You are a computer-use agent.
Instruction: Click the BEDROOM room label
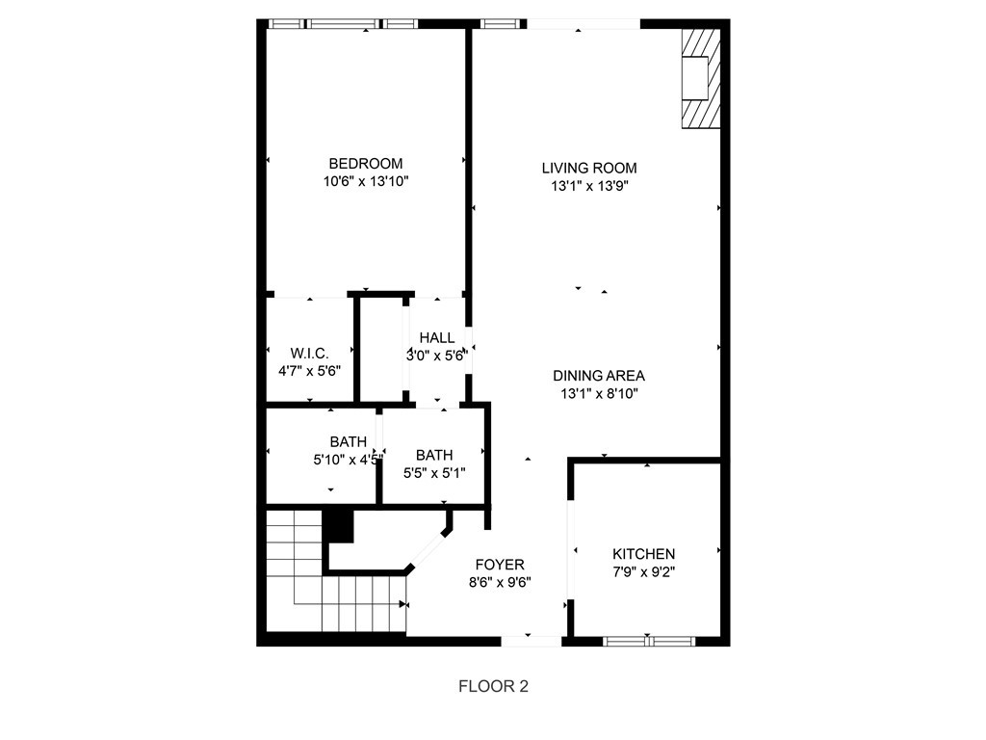(365, 164)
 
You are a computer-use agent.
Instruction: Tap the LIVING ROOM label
(589, 168)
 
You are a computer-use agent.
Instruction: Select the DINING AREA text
(599, 376)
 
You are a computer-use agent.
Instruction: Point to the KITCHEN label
(643, 554)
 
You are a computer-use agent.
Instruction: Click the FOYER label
(500, 565)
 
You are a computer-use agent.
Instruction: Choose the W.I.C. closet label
(309, 353)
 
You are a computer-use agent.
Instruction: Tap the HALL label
(437, 338)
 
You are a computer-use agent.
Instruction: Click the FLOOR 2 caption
(494, 686)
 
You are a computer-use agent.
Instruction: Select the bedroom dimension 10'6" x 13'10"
(366, 182)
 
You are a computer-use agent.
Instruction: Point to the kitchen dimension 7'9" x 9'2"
(644, 572)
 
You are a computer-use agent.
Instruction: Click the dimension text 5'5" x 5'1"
(434, 472)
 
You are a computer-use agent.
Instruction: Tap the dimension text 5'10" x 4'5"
(348, 460)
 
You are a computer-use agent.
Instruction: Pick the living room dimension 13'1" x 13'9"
(590, 186)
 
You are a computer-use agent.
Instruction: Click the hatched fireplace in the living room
(701, 78)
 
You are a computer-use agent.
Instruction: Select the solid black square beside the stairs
(338, 526)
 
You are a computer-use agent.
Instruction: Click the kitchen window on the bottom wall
(649, 641)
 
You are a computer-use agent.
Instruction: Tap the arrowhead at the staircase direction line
(402, 605)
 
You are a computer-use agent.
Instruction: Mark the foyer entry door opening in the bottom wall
(532, 641)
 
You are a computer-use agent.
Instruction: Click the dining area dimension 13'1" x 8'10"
(599, 394)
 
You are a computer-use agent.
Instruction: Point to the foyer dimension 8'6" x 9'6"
(500, 583)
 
